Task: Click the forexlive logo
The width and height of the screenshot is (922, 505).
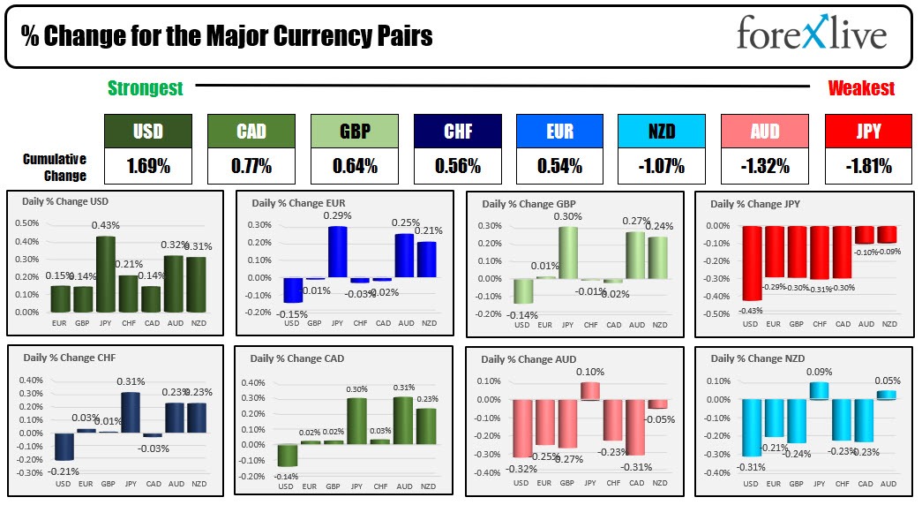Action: point(811,36)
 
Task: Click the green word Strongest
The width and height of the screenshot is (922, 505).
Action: point(146,88)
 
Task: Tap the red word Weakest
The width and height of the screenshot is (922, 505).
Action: point(861,88)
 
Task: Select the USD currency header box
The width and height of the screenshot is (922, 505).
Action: point(148,132)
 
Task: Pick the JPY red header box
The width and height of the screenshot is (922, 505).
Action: point(867,132)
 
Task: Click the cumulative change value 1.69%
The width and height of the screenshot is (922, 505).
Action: point(148,165)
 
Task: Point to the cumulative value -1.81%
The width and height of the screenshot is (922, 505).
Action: point(867,165)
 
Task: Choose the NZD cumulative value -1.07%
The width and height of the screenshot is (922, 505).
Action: point(662,165)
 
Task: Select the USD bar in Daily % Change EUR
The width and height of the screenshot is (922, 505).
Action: point(291,290)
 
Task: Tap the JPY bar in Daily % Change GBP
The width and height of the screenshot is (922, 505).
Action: point(567,253)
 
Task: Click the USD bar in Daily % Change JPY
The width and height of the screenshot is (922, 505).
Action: point(751,263)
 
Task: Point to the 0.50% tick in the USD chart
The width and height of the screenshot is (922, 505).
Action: point(26,223)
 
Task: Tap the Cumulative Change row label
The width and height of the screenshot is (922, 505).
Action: point(55,167)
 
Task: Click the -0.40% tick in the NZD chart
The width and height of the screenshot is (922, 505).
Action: point(718,472)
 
